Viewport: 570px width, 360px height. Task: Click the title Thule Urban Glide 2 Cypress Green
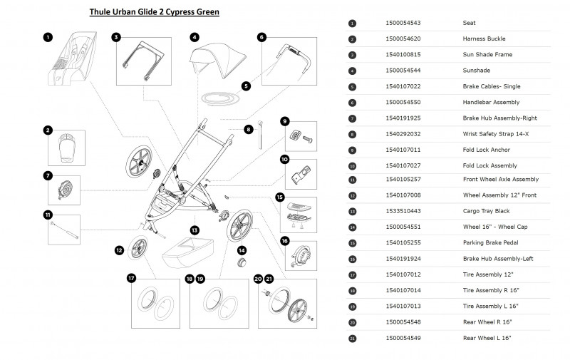[x=154, y=12]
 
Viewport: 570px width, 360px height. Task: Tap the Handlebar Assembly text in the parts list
[x=491, y=102]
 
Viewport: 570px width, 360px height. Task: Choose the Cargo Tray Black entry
[x=486, y=211]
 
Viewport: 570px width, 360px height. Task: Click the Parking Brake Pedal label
[x=490, y=242]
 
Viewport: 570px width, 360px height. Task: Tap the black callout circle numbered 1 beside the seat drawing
[x=47, y=37]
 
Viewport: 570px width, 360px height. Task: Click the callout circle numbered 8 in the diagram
[x=249, y=129]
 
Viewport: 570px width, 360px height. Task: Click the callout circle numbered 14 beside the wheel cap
[x=242, y=251]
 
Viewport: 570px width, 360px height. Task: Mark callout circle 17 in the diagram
[x=132, y=278]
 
